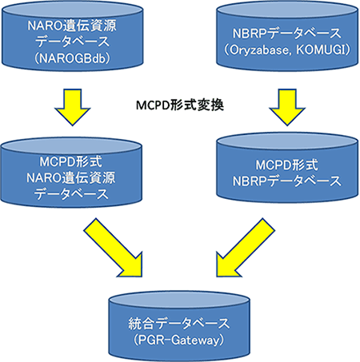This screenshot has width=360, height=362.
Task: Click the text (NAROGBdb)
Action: (72, 58)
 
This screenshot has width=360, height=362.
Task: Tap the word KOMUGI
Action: (320, 50)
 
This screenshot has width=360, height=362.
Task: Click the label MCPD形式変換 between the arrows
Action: (180, 105)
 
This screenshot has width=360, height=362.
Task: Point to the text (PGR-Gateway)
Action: (178, 340)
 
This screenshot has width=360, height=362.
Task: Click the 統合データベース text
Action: (179, 324)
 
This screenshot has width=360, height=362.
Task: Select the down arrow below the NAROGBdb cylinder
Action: (72, 107)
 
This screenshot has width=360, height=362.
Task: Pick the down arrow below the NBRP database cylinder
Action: (287, 107)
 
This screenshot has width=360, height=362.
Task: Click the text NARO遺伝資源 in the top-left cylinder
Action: (72, 26)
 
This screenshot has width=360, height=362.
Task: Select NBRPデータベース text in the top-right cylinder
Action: (287, 34)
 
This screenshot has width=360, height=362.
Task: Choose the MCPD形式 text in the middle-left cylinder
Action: (70, 161)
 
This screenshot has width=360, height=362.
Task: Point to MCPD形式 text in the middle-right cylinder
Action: (287, 165)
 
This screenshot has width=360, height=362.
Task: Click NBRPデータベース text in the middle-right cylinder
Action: (287, 181)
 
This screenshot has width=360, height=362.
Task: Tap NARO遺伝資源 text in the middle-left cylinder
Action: (71, 177)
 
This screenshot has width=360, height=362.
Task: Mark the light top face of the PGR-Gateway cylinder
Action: (179, 300)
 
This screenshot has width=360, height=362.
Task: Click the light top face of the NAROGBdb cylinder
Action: (73, 10)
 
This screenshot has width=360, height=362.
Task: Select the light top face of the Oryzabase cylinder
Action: (287, 10)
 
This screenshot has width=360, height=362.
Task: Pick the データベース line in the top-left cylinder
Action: (72, 42)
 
